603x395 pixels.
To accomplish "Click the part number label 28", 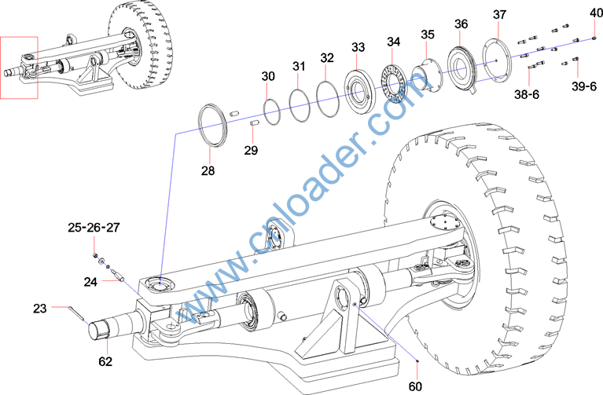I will pos(208,170).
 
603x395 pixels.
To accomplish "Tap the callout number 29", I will pos(251,150).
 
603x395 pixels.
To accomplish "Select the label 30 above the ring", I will pos(268,76).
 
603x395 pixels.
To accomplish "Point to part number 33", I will pos(358,47).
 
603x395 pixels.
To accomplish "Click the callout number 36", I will pos(461,24).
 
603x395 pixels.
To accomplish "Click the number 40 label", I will pos(596,13).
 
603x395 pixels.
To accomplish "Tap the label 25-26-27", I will pos(94,228).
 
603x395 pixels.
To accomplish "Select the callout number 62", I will pos(105,362).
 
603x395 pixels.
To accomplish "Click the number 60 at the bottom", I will pos(415,386).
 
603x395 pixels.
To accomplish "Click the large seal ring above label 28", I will pos(214,124).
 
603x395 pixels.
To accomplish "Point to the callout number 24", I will pos(91,280).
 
